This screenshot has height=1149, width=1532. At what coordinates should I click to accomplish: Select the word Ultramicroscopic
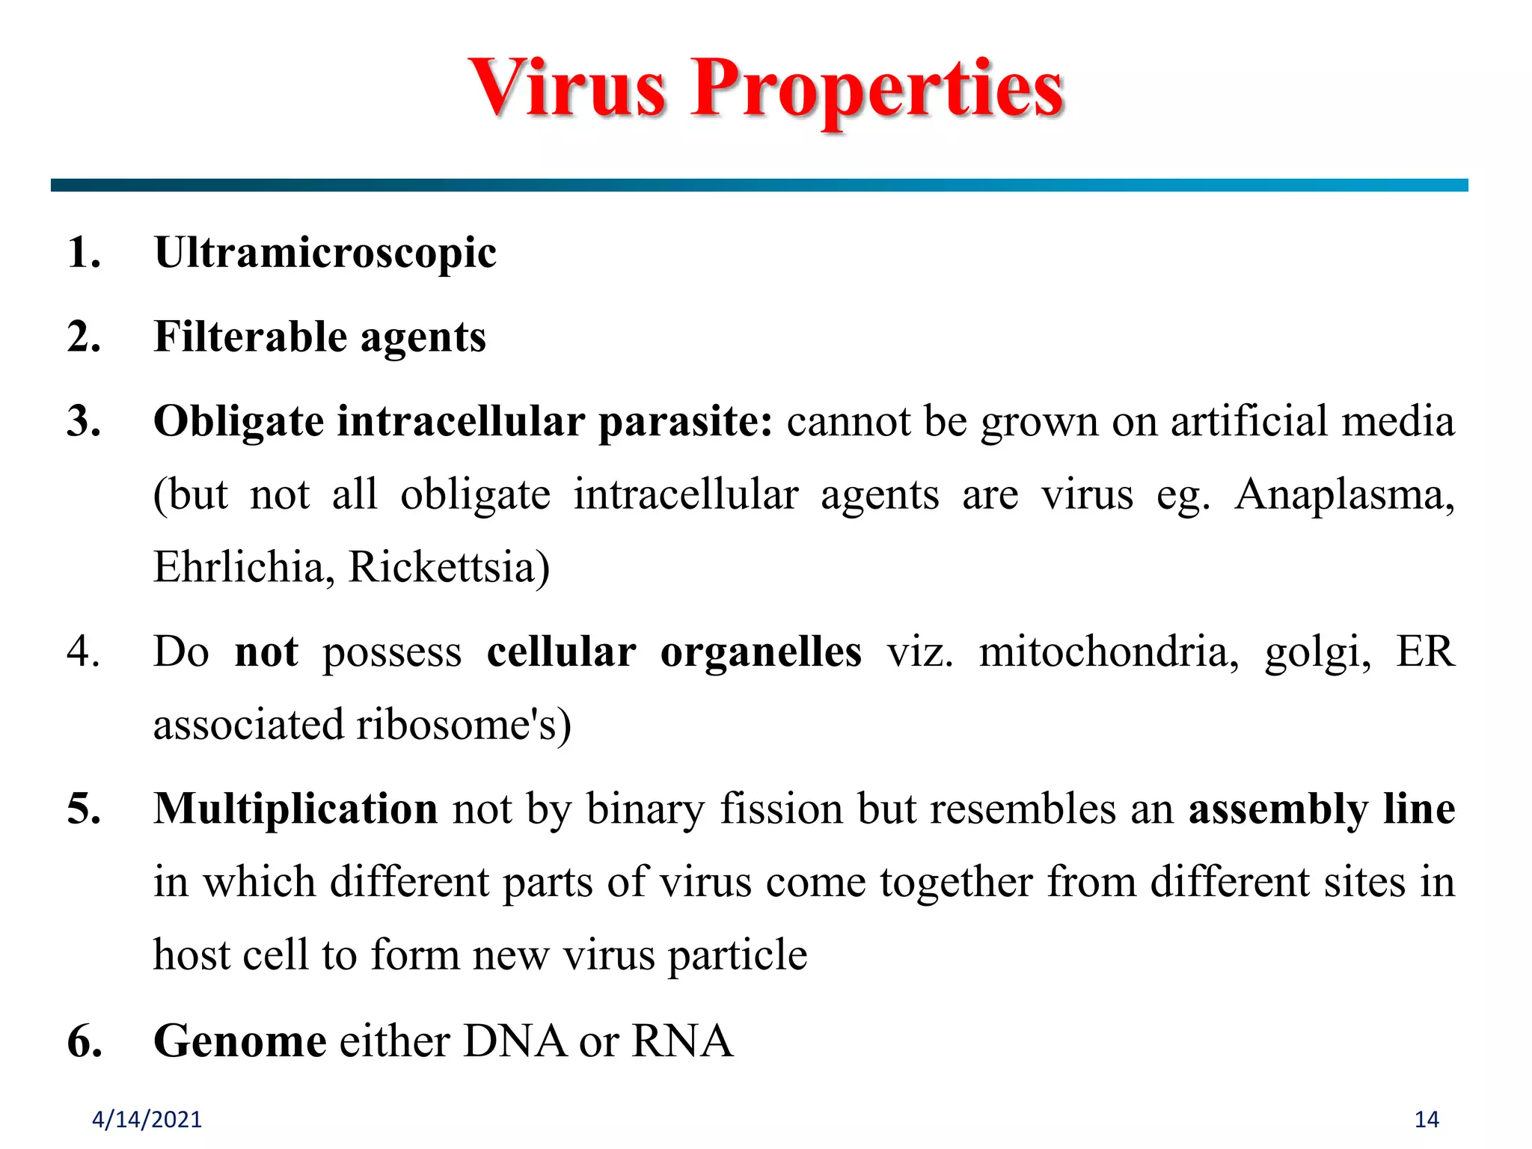[325, 253]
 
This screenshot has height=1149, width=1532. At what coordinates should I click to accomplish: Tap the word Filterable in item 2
[251, 337]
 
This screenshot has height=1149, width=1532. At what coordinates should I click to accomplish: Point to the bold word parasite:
[685, 422]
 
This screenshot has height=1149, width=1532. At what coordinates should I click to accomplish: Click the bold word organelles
[761, 652]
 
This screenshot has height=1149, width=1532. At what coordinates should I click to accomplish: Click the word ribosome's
[464, 725]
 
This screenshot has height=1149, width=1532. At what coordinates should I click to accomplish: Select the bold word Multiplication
[295, 809]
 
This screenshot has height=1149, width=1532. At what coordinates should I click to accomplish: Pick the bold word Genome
[240, 1041]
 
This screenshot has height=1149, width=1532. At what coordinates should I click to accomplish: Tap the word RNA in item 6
[682, 1041]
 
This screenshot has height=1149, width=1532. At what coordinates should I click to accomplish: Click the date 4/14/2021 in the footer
[147, 1120]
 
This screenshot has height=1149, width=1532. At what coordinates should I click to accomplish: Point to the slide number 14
[1427, 1120]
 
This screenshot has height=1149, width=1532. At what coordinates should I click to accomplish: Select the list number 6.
[85, 1041]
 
